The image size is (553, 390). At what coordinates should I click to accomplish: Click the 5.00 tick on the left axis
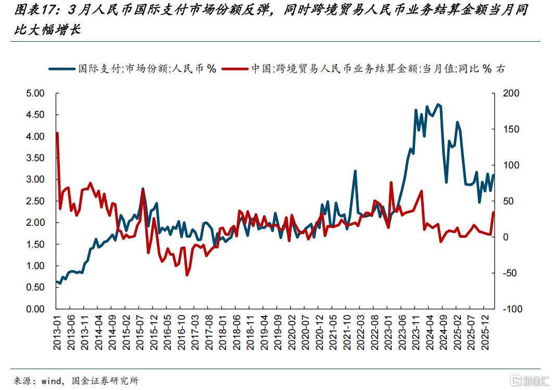pos(36,93)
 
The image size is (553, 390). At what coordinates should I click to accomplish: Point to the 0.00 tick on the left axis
pos(36,309)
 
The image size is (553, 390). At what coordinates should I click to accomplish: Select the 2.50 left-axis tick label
pos(36,201)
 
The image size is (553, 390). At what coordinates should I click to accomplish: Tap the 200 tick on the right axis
pos(512,93)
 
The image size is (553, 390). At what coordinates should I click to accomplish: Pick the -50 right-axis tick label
pos(512,273)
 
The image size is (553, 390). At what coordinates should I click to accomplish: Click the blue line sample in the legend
pos(61,69)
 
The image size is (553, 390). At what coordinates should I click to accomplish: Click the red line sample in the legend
pos(235,69)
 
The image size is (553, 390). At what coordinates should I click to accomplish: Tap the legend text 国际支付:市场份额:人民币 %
pos(147,69)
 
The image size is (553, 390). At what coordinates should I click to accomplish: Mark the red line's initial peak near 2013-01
pos(57,133)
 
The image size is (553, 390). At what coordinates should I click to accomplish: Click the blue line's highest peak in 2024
pos(438,104)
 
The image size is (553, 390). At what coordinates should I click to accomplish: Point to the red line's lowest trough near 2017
pos(187,275)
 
